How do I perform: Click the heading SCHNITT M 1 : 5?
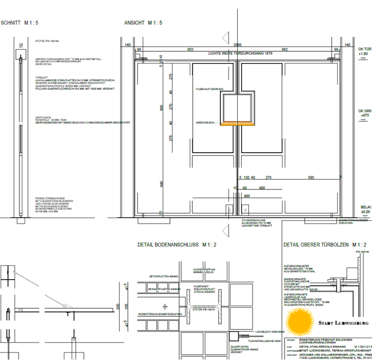(20, 23)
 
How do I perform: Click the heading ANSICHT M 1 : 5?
(143, 23)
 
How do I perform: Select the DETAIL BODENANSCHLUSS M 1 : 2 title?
(176, 245)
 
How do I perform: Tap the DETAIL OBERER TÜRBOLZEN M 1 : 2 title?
(325, 245)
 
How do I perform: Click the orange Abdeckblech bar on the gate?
(238, 124)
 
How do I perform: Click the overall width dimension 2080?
(238, 45)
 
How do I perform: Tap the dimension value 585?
(311, 178)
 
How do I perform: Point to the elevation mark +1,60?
(364, 55)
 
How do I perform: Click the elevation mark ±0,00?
(365, 212)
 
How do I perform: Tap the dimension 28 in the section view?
(20, 45)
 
